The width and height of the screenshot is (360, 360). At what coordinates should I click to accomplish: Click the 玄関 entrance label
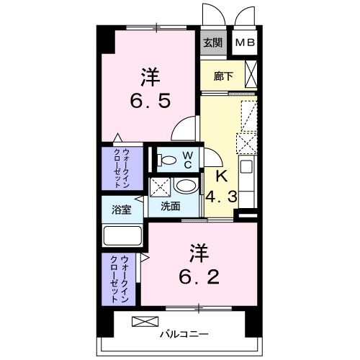coord(212,42)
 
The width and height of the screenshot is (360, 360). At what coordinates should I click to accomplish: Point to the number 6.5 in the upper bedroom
coord(150,100)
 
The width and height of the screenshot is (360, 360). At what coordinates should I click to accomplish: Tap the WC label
coord(185,159)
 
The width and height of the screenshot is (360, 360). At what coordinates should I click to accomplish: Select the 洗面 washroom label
coord(170,207)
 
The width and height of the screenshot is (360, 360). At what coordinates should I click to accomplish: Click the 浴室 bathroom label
coord(122,210)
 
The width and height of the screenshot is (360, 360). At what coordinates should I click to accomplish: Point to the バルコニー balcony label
coord(184,334)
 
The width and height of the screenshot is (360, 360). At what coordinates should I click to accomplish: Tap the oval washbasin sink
coord(185,186)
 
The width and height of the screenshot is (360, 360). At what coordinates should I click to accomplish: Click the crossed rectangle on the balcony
coord(143,321)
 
